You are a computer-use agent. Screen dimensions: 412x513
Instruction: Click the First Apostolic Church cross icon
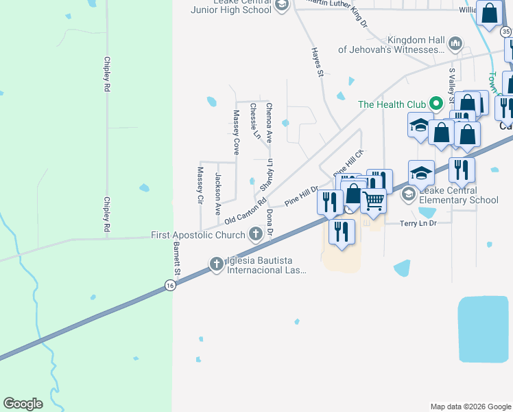[255, 235]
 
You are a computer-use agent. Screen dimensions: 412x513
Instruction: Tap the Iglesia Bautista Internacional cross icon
[216, 264]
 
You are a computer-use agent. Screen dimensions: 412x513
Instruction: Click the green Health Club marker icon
[435, 104]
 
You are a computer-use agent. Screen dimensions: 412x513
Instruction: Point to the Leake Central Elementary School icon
[409, 195]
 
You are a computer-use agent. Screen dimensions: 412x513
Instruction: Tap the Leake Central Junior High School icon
[281, 6]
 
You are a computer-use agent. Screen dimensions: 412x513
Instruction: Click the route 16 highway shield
[169, 286]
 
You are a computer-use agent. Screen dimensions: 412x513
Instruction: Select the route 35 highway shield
[505, 32]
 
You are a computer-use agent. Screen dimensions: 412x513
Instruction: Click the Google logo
[23, 404]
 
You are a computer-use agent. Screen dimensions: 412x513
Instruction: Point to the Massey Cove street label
[236, 132]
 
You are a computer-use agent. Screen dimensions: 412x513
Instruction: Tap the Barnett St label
[176, 257]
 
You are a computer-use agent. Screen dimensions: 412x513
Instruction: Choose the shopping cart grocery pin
[373, 201]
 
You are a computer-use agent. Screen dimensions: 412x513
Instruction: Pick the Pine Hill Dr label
[302, 197]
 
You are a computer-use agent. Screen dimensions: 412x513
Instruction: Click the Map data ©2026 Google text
[470, 407]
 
